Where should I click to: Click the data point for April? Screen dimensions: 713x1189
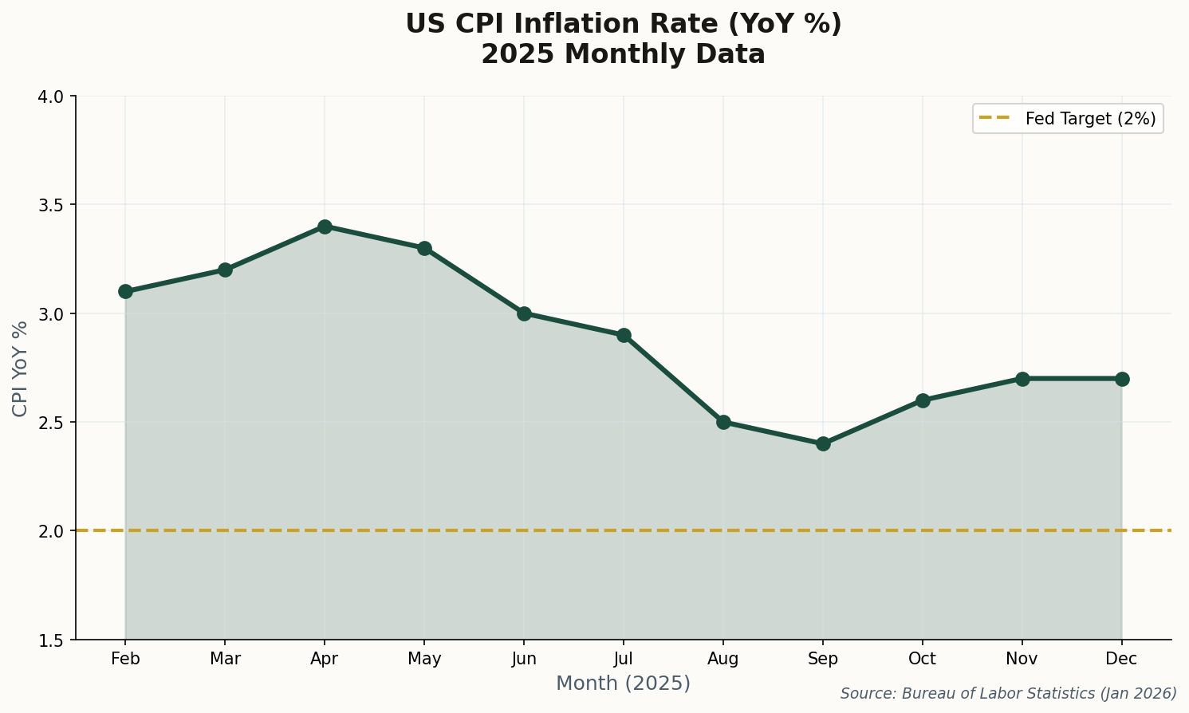point(325,227)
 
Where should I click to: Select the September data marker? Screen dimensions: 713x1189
point(823,443)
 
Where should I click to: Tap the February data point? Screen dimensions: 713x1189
point(125,291)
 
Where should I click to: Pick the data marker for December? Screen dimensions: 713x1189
point(1122,379)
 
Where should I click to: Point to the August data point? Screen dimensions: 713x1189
point(723,422)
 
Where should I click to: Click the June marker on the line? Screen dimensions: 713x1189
point(524,313)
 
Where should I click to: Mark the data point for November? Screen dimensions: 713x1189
point(1022,379)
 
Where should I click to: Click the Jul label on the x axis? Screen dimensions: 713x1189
point(624,660)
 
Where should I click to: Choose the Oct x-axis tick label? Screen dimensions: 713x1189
point(923,660)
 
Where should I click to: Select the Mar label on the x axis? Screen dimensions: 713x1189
point(225,660)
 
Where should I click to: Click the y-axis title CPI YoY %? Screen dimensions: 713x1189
point(21,368)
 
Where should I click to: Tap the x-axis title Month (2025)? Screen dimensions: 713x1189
point(623,683)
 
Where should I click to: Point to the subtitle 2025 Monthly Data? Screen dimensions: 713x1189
point(623,54)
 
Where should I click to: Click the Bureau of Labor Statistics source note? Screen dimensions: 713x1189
point(1008,694)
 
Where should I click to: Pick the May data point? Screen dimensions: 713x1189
point(424,248)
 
